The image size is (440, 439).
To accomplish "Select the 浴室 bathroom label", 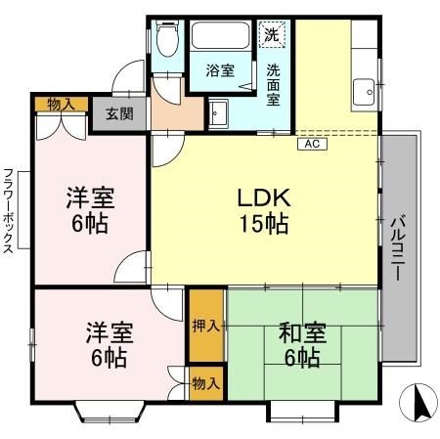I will pos(220,70).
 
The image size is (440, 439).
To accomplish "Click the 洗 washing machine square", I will pos(273,33).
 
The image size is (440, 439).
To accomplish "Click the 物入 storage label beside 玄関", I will pos(61,103).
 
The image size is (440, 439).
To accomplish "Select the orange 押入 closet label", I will pos(204,325).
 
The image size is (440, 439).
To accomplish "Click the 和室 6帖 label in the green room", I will pos(301,345).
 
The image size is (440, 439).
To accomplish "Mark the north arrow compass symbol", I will pos(419,402).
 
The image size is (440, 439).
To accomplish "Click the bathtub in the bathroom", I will pos(221,36).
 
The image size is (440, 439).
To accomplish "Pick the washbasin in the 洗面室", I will pos(217,112).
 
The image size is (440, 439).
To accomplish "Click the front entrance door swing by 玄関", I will pos(126,78).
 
